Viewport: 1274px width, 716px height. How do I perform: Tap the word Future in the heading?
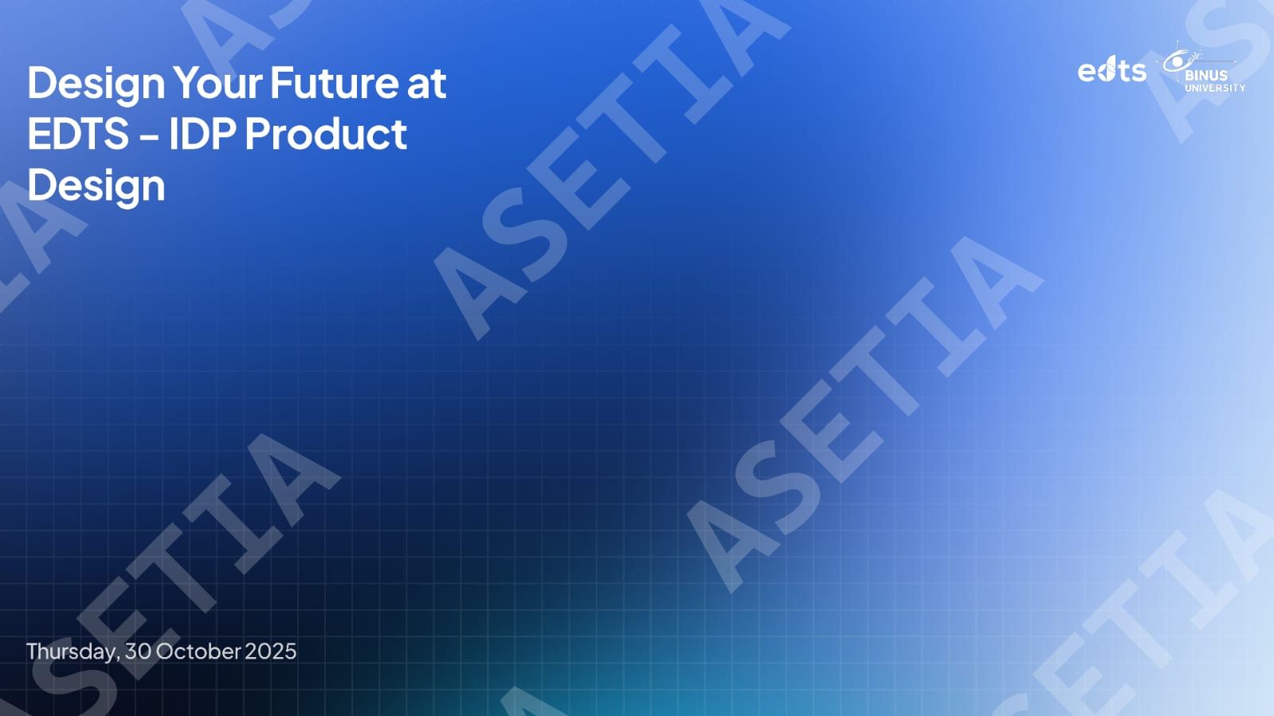tap(335, 83)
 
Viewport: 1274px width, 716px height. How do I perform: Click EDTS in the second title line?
tap(79, 134)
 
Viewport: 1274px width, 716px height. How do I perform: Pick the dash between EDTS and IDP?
tap(149, 136)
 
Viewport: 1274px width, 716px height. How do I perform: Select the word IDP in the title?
tap(202, 134)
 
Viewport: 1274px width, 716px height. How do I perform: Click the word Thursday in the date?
tap(73, 651)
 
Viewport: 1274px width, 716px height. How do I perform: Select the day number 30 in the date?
tap(138, 651)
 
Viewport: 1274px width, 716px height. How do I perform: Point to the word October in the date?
tap(198, 651)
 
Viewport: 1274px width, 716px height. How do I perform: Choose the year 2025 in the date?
tap(271, 651)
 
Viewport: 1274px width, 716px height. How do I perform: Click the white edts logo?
tap(1112, 72)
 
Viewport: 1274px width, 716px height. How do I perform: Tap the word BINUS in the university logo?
tap(1206, 75)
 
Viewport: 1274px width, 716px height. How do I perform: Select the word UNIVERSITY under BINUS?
tap(1215, 88)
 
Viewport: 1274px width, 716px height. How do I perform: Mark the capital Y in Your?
tap(186, 83)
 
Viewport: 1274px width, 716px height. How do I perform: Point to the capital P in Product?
tap(258, 134)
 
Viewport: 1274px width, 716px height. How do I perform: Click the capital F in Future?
tap(282, 83)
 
